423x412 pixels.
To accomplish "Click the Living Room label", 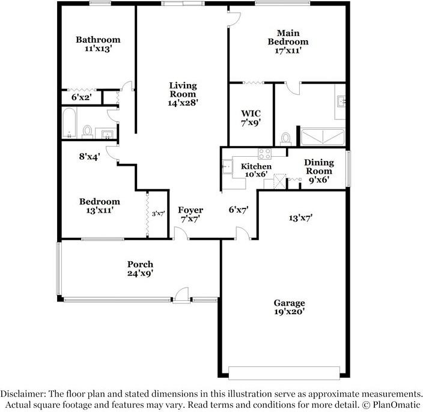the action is point(183,90).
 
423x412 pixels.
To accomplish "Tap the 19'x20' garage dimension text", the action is point(290,312).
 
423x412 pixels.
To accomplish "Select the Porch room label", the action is point(140,264).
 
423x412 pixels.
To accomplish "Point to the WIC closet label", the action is point(251,114).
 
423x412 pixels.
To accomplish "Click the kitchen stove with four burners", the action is point(264,154).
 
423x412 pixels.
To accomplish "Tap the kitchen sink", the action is point(227,166).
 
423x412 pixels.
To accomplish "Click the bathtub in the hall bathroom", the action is point(69,123).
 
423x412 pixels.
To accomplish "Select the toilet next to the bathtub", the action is point(87,132).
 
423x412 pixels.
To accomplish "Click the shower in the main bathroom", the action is point(323,137).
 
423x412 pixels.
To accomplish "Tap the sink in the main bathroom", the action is point(341,101).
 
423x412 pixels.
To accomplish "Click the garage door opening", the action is point(284,373).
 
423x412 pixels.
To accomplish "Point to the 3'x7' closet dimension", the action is point(159,214).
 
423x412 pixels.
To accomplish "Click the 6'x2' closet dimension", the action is point(82,97).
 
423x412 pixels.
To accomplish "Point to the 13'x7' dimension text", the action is point(300,218).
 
